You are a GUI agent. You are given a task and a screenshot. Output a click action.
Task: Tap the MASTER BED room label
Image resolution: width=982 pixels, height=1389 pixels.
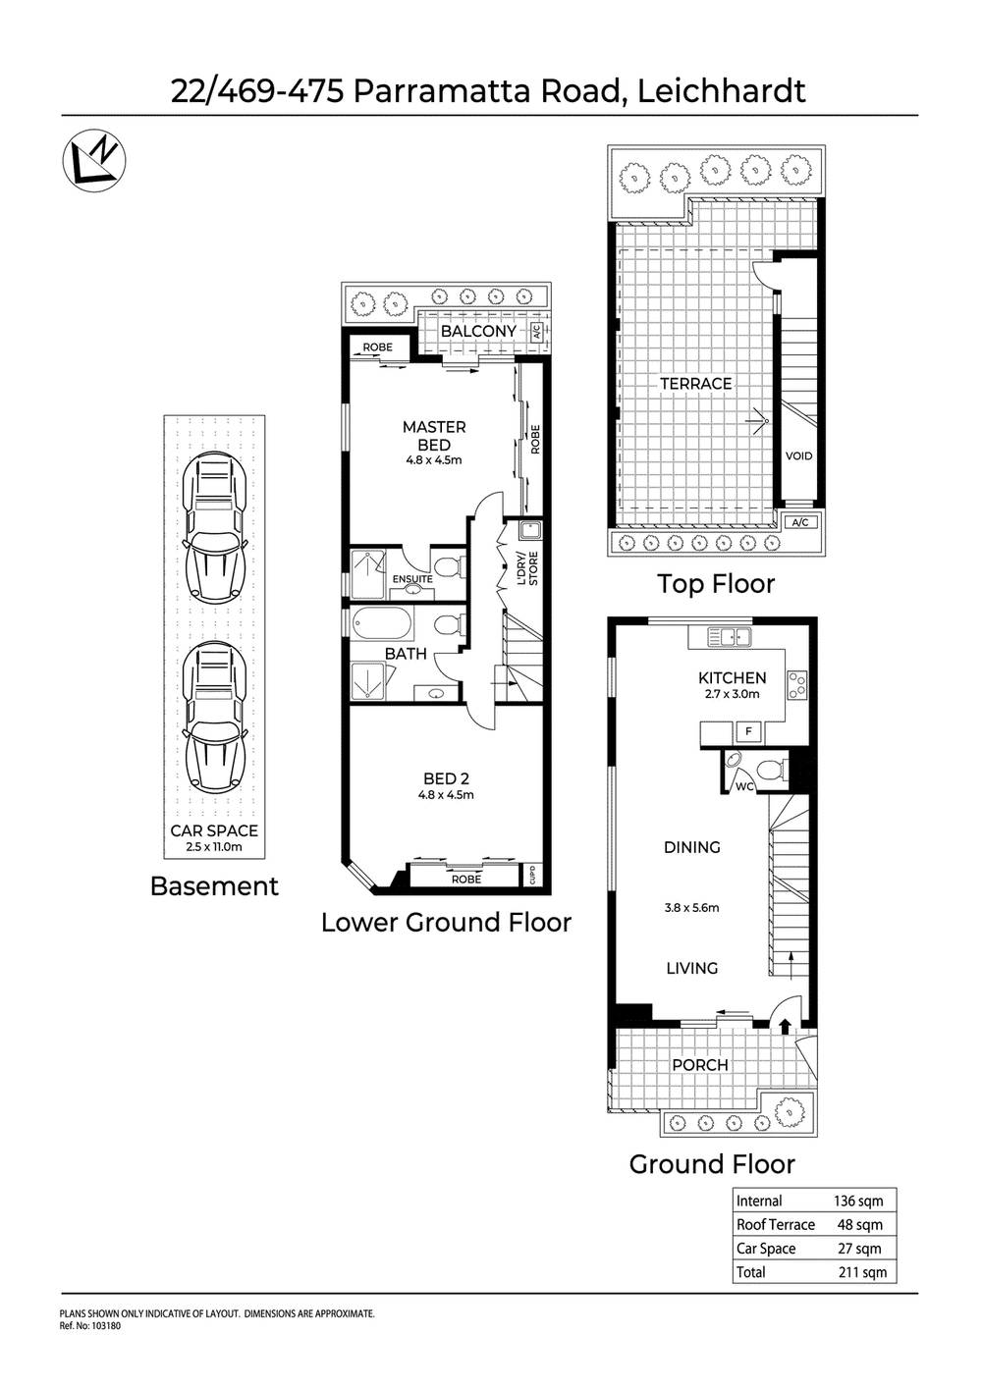[434, 435]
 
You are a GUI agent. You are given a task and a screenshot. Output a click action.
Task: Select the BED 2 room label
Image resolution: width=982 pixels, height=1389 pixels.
[446, 778]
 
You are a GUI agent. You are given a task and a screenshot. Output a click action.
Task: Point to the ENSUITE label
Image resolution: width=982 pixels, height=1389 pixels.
[412, 579]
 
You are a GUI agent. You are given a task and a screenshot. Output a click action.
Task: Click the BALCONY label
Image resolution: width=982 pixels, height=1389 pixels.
[478, 331]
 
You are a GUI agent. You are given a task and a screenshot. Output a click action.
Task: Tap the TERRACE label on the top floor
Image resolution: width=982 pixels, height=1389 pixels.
[695, 383]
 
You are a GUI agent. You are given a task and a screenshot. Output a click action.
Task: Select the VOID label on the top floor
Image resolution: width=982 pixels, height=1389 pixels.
[798, 455]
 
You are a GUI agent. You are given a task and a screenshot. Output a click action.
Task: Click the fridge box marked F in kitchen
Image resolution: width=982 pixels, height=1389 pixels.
[748, 731]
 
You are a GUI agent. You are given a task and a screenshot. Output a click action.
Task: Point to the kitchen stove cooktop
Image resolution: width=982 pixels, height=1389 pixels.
[796, 683]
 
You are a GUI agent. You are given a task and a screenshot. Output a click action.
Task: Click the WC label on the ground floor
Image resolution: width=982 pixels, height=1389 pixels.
[744, 786]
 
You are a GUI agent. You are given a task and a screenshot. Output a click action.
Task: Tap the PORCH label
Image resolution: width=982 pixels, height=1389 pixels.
[699, 1064]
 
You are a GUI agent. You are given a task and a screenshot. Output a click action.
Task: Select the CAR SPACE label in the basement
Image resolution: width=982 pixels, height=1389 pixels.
[214, 830]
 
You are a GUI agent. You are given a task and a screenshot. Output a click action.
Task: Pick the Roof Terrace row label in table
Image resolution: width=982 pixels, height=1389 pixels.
[776, 1224]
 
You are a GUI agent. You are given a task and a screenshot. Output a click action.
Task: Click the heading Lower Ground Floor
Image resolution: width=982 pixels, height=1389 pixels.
[446, 923]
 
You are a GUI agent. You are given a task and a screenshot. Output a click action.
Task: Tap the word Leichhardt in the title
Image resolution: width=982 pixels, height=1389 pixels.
[722, 90]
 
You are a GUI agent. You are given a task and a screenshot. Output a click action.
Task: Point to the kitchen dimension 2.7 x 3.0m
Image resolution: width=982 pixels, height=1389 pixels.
[732, 694]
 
